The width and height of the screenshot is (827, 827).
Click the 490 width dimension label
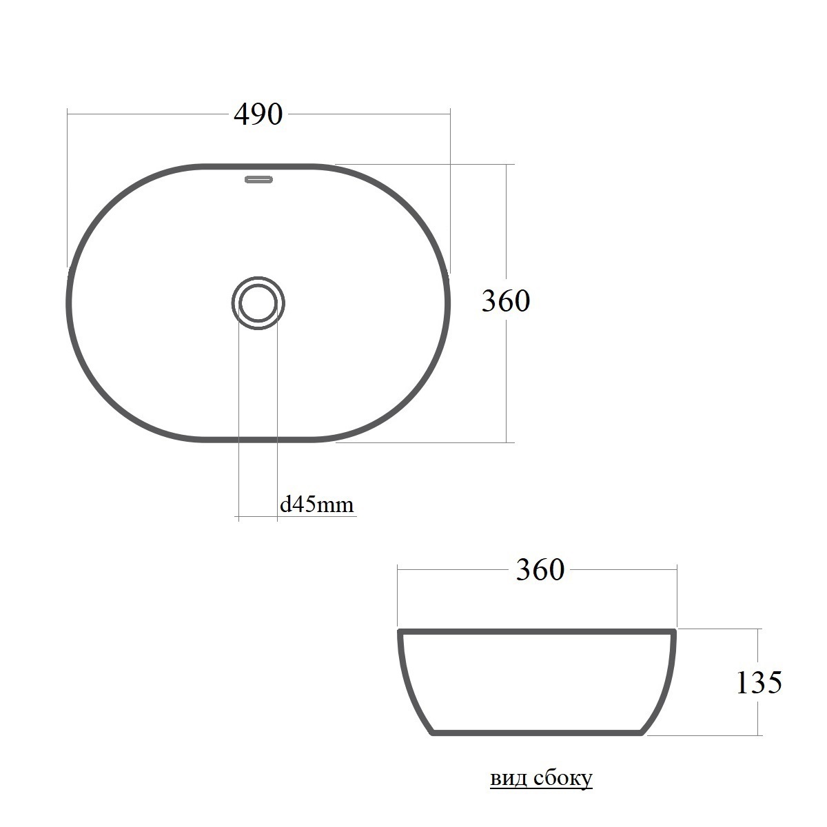point(258,114)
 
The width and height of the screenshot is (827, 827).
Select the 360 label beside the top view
point(506,301)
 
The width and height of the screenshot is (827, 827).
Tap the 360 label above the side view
point(540,570)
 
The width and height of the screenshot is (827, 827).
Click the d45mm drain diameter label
point(317,504)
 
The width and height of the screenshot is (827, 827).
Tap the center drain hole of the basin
point(258,303)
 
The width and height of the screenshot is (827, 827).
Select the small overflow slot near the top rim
point(258,179)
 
